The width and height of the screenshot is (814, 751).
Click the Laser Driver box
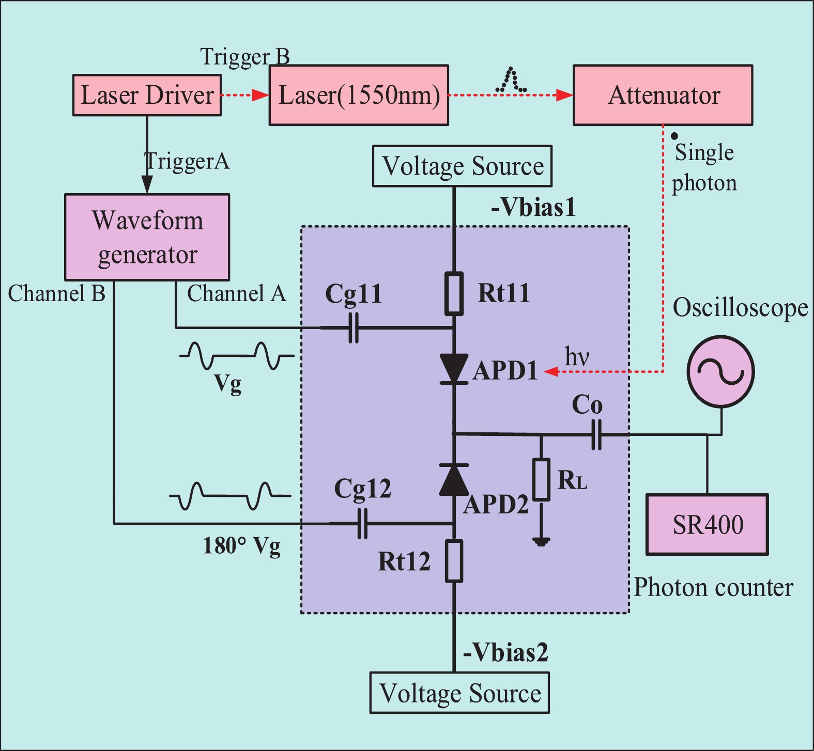147,95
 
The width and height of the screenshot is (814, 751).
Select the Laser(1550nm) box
359,95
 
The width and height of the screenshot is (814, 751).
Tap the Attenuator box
663,95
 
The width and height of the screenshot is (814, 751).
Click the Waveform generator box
147,237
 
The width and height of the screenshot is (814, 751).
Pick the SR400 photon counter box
707,525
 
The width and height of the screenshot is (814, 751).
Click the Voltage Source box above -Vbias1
462,166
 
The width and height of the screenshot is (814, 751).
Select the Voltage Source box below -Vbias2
459,693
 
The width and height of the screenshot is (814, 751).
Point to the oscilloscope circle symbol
720,371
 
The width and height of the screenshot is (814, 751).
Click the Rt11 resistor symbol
454,293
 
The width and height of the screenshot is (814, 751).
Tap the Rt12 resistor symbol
454,561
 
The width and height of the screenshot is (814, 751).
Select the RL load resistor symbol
541,479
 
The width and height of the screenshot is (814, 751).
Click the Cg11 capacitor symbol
354,327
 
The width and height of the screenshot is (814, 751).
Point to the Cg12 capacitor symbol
363,524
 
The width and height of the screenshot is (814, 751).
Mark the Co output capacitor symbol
596,434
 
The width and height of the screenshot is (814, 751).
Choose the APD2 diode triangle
454,480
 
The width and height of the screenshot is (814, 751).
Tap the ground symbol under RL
541,542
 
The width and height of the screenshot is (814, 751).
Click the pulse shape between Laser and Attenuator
511,81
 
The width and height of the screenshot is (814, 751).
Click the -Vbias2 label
505,653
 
